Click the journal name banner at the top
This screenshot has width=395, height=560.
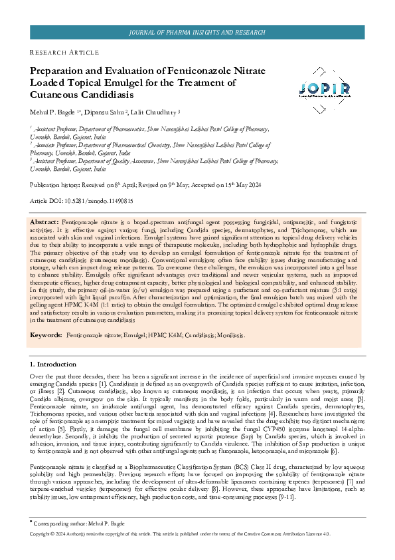(x=197, y=32)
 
